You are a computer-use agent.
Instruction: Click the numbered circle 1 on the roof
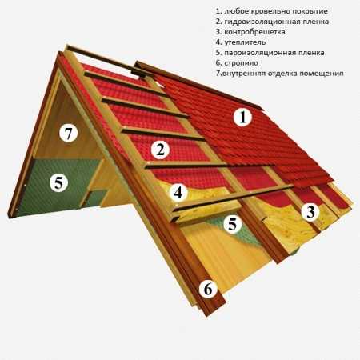242,118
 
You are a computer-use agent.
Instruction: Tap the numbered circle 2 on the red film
160,150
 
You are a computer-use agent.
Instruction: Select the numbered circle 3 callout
310,212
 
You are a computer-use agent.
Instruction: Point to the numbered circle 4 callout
178,192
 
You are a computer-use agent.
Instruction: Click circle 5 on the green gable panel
59,182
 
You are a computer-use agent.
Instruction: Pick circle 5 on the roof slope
232,224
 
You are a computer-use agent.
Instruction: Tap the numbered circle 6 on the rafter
208,289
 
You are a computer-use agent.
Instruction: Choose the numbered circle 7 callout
69,133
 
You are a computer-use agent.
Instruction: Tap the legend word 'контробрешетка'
255,32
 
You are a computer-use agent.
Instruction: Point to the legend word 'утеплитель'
245,42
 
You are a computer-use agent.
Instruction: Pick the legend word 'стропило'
242,63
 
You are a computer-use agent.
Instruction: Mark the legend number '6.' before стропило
218,63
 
